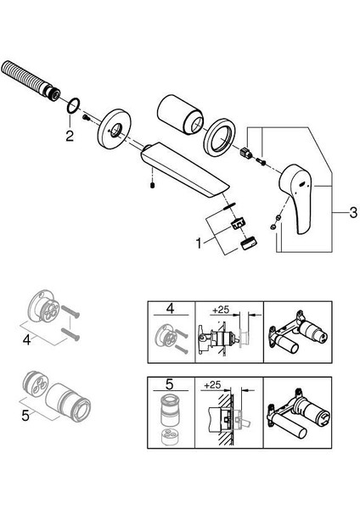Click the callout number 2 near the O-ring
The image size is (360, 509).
(70, 136)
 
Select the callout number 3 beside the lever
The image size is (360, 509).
(353, 213)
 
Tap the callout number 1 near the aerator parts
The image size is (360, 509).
(199, 243)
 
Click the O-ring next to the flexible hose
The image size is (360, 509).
(74, 106)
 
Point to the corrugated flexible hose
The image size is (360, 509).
(31, 80)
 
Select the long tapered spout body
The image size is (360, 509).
(185, 171)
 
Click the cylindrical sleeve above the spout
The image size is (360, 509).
(180, 115)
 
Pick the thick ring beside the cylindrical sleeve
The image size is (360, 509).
(219, 137)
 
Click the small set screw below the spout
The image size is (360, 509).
(152, 185)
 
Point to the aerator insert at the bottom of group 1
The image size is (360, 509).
(249, 243)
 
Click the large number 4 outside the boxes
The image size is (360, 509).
(27, 339)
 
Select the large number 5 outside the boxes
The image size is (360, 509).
(25, 415)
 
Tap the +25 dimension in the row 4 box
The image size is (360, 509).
(221, 310)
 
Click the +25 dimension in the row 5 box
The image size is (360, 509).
(213, 385)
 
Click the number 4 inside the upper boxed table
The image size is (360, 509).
(171, 309)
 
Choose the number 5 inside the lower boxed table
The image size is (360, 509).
(169, 384)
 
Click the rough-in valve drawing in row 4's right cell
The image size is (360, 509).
(296, 333)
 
